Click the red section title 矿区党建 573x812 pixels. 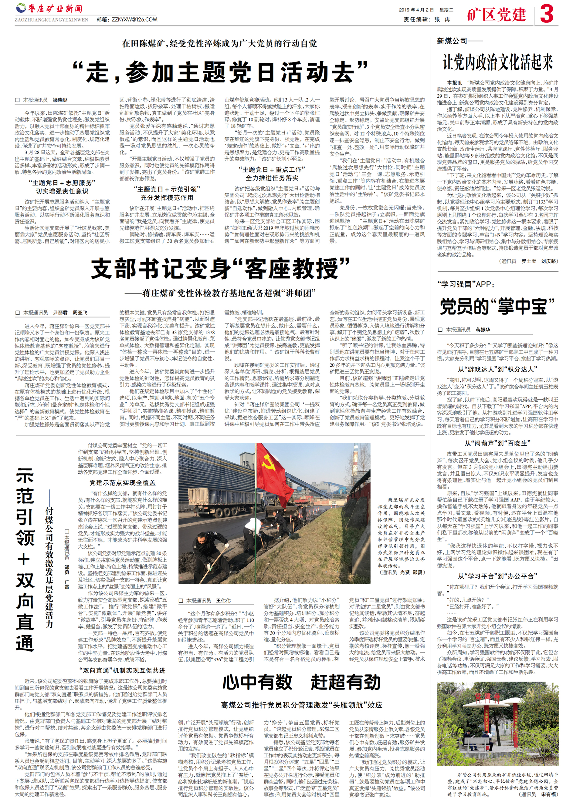coord(496,15)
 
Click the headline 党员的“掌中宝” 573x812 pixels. coord(497,307)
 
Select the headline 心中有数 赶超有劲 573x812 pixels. coord(302,682)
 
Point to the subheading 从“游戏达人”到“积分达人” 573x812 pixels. coord(497,369)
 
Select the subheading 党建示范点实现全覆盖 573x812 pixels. coord(122,482)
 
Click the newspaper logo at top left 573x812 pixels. coord(49,8)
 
